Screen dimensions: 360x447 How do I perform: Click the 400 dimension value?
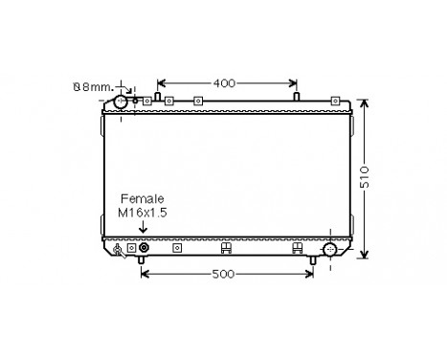(225, 82)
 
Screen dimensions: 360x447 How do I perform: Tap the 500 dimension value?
(225, 275)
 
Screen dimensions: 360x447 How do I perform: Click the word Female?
(141, 198)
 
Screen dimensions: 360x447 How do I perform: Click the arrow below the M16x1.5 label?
(144, 228)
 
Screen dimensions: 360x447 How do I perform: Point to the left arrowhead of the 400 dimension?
(160, 82)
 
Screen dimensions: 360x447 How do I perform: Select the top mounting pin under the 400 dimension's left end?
(156, 97)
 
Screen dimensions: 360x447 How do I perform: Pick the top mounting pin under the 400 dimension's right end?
(297, 97)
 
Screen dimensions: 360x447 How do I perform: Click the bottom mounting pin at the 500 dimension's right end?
(313, 260)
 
